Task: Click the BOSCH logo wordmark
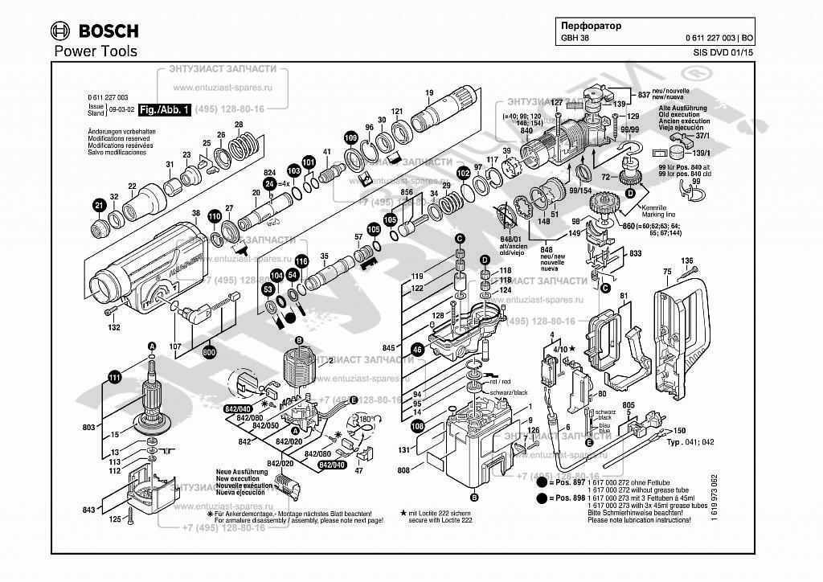pos(107,31)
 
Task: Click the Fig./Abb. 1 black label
pos(164,109)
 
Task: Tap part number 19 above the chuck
pos(429,92)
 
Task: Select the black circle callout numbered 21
pos(99,205)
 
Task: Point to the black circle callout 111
pos(115,378)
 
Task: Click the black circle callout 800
pos(209,352)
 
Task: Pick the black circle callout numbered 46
pos(417,350)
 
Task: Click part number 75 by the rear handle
pos(666,273)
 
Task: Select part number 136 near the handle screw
pos(687,260)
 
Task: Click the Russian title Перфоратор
pos(591,26)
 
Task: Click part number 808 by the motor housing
pos(403,469)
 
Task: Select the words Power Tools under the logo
pos(95,51)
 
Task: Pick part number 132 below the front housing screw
pos(114,327)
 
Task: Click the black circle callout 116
pos(301,261)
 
